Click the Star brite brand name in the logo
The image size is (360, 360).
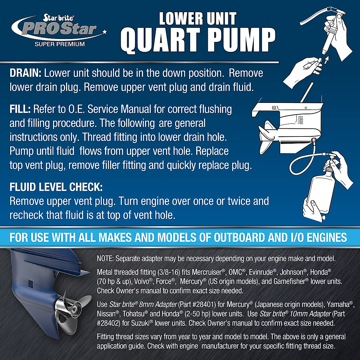click(59, 18)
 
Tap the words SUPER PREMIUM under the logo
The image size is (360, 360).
click(60, 44)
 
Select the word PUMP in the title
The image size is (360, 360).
click(246, 41)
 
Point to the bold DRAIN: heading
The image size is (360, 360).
click(26, 73)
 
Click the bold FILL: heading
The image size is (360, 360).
click(20, 109)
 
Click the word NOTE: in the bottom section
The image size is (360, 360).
click(105, 259)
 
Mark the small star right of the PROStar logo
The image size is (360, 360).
click(104, 31)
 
